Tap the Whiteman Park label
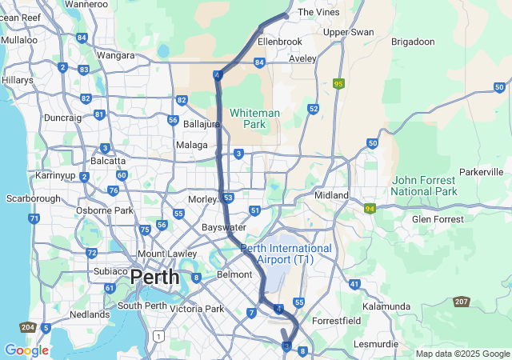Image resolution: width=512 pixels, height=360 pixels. tap(254, 118)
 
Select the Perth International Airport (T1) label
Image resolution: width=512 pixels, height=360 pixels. tap(287, 254)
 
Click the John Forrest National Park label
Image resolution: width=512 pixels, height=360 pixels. tap(424, 186)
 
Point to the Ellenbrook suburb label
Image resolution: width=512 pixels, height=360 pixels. tap(280, 41)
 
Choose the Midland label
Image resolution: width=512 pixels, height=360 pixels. tap(331, 195)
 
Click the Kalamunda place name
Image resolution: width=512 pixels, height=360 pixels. tap(386, 306)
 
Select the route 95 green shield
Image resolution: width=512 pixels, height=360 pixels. tap(339, 83)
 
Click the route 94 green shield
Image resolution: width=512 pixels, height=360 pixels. tap(370, 209)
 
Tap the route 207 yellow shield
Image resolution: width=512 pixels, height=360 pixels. tap(461, 302)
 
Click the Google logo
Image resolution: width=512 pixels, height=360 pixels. tap(26, 350)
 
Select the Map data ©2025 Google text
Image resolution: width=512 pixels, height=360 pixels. tap(462, 354)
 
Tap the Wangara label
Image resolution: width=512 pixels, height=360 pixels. tap(115, 55)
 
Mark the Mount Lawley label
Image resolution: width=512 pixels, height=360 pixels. tap(168, 254)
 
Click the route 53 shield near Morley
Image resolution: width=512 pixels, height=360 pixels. tap(228, 198)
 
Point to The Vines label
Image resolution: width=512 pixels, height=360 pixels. tap(314, 13)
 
